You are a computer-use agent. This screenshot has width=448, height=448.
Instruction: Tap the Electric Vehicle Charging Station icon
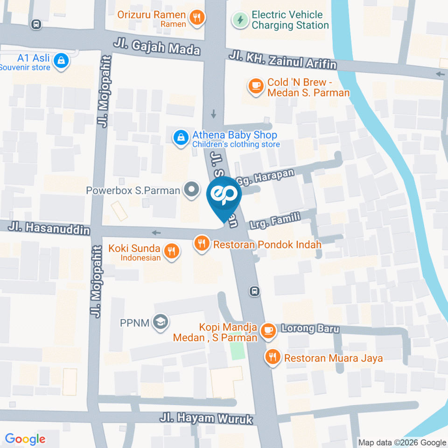tap(240, 20)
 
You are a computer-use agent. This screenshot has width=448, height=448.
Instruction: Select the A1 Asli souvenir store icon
tap(61, 61)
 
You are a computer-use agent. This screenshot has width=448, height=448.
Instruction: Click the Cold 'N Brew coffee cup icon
tap(255, 85)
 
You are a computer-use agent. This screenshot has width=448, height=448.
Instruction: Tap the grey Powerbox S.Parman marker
tap(190, 190)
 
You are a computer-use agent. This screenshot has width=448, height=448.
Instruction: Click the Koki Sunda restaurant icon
tap(172, 251)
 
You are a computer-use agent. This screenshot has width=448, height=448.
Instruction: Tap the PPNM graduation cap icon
tap(162, 322)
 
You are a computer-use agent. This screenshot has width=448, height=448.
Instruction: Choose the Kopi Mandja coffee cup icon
tap(267, 330)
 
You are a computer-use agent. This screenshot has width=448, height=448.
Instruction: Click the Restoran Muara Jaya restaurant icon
tap(273, 357)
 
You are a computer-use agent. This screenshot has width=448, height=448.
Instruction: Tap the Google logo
tap(25, 439)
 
